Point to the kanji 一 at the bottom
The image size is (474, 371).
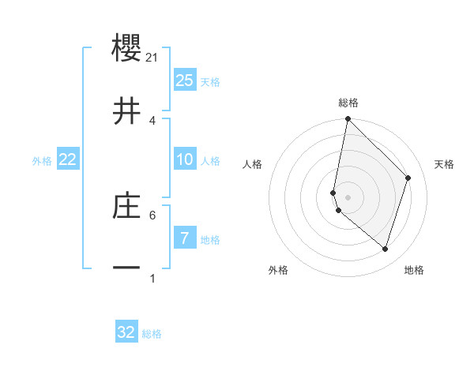127,268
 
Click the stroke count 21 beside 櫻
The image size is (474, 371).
153,58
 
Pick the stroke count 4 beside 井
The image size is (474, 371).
152,120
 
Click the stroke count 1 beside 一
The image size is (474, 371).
152,278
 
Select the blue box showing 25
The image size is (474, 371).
185,81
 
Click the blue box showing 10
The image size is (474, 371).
185,159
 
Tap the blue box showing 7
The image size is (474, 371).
185,238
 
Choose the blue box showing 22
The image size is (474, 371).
68,159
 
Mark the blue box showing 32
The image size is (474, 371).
126,332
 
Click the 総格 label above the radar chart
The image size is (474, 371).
348,103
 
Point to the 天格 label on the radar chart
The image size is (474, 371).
445,164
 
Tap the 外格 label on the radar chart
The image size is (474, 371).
278,270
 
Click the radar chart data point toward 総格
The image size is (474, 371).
348,119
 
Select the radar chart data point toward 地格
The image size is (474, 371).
385,249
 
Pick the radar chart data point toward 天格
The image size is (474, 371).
408,178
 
